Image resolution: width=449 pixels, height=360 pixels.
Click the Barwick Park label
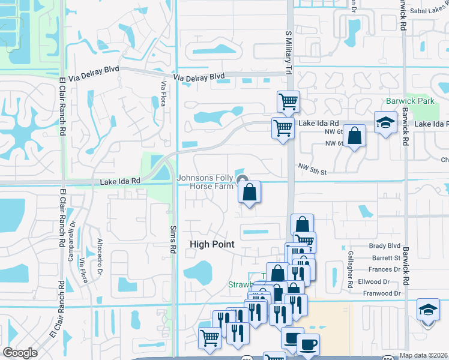point(410,101)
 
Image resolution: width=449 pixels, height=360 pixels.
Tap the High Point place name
point(212,244)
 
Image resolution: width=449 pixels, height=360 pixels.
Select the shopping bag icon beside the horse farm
point(249,192)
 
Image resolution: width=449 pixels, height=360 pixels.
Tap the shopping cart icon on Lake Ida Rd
point(282,127)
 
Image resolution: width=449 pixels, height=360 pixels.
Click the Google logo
point(20,353)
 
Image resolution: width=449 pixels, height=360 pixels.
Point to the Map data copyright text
point(423,355)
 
